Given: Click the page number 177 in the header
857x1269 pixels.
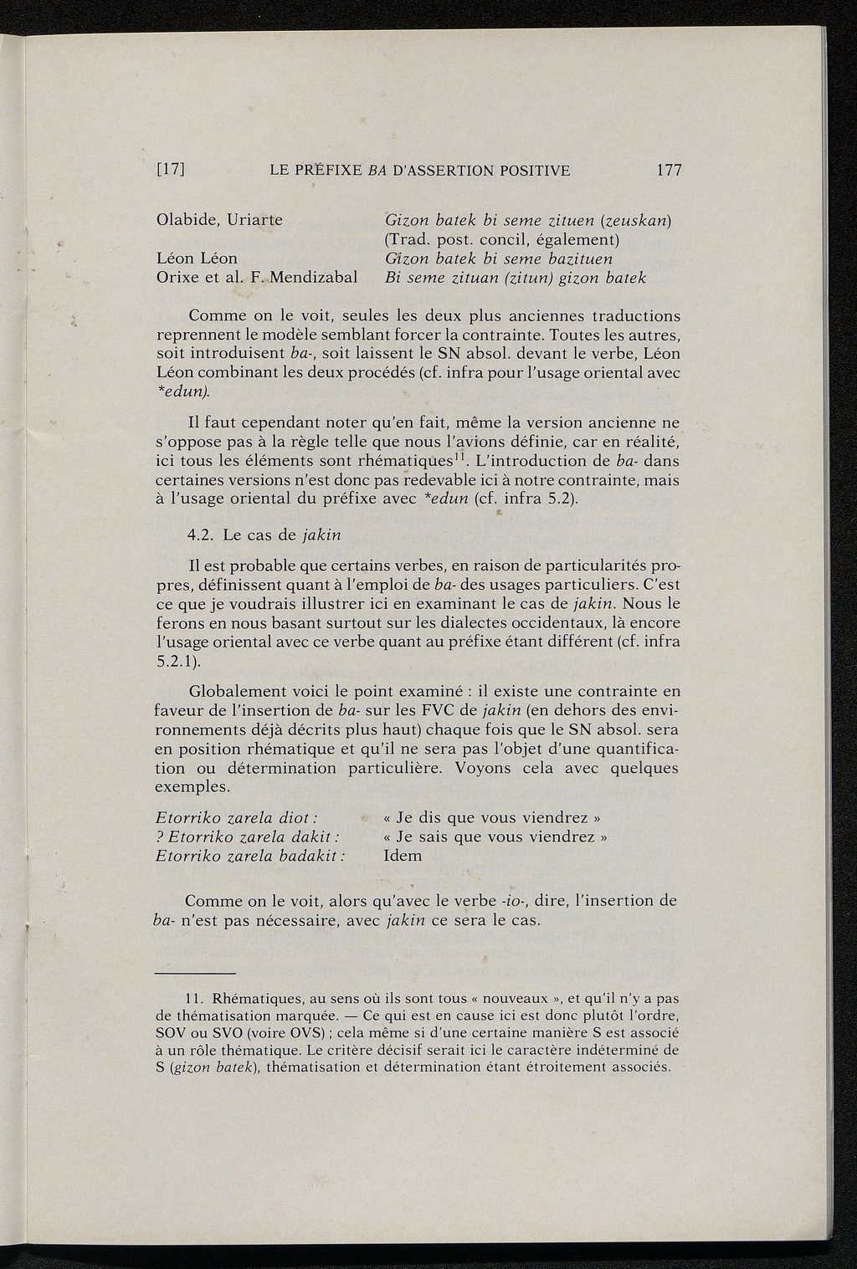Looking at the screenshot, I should pos(670,171).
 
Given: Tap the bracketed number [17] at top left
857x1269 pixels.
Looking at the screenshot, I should pos(171,171).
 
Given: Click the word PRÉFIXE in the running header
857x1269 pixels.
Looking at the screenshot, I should pos(326,171).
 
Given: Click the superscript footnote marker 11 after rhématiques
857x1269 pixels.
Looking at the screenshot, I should pos(459,456).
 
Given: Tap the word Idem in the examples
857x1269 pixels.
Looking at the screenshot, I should pos(403,856).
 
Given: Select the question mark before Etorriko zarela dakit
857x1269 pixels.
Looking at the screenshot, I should pos(160,837).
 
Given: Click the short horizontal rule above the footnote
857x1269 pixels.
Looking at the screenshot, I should pos(196,973).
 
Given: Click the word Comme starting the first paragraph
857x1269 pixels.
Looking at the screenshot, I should pos(215,316).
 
